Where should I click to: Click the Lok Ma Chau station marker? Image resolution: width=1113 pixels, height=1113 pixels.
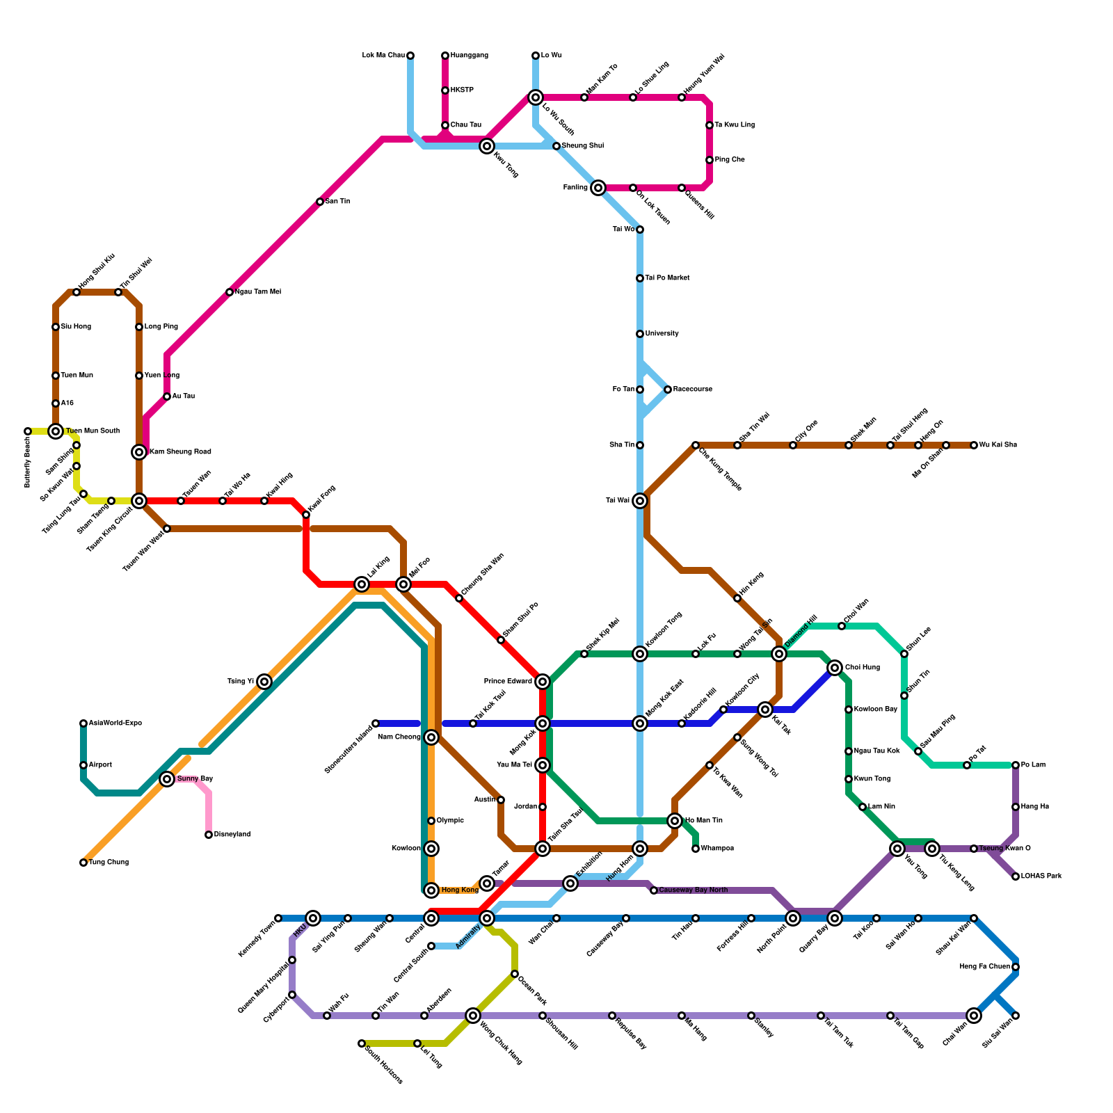[410, 56]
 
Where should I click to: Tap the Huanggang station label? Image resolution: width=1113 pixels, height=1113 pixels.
[469, 56]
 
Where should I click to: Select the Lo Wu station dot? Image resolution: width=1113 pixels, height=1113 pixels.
[536, 56]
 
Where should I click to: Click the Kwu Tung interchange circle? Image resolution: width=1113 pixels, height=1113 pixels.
[487, 146]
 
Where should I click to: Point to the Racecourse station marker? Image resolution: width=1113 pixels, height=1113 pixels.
[668, 390]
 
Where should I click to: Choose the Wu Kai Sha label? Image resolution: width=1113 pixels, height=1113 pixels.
[998, 445]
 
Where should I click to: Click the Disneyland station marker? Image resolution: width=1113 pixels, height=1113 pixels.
[209, 835]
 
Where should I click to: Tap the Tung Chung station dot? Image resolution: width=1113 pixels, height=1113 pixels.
[83, 863]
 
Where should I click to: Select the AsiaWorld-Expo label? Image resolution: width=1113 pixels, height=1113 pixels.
[115, 723]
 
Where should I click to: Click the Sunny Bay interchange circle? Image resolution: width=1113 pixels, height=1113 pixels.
[167, 779]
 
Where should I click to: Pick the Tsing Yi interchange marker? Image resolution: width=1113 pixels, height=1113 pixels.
[264, 682]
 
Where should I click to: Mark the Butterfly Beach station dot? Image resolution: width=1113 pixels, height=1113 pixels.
[28, 431]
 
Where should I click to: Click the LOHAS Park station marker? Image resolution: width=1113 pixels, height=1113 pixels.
[1016, 876]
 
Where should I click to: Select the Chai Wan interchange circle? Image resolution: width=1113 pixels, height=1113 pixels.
[974, 1016]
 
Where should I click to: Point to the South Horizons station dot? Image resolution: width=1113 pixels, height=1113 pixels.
[362, 1043]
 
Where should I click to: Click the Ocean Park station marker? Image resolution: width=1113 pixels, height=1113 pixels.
[515, 974]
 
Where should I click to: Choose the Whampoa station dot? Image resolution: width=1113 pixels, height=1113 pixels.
[696, 849]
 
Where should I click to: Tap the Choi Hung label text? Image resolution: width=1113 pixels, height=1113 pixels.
[862, 668]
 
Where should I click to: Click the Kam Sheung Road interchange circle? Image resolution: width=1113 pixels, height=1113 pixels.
[139, 452]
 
